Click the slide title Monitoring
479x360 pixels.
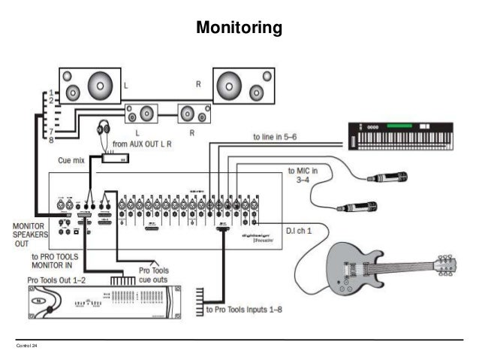coord(239,29)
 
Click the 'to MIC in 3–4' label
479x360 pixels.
coord(303,176)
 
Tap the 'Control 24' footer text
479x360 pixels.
coord(26,345)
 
